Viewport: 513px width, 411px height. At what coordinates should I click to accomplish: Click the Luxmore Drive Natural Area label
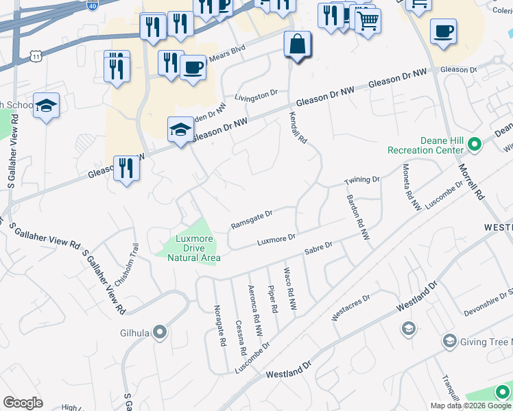[194, 248]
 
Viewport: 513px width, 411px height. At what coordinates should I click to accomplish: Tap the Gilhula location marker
[160, 333]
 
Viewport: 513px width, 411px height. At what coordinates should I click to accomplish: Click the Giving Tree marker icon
[450, 341]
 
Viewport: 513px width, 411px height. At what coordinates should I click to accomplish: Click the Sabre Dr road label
[318, 247]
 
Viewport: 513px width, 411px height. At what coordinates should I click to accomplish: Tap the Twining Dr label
[361, 179]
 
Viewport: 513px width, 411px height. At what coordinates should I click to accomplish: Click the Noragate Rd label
[220, 326]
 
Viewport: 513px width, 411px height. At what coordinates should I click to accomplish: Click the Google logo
[23, 403]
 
